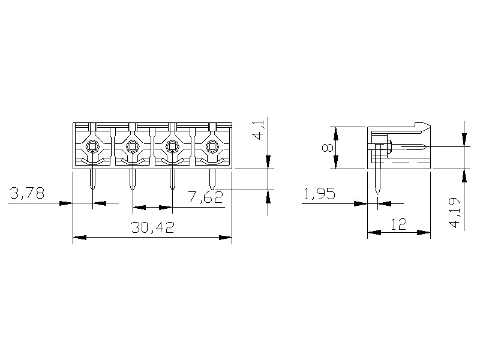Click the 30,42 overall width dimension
152,227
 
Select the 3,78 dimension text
27,193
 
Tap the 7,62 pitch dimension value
205,197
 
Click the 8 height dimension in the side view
328,148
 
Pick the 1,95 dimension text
319,193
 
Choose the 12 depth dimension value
398,224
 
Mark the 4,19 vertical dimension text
455,212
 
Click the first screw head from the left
92,146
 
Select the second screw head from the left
132,146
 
